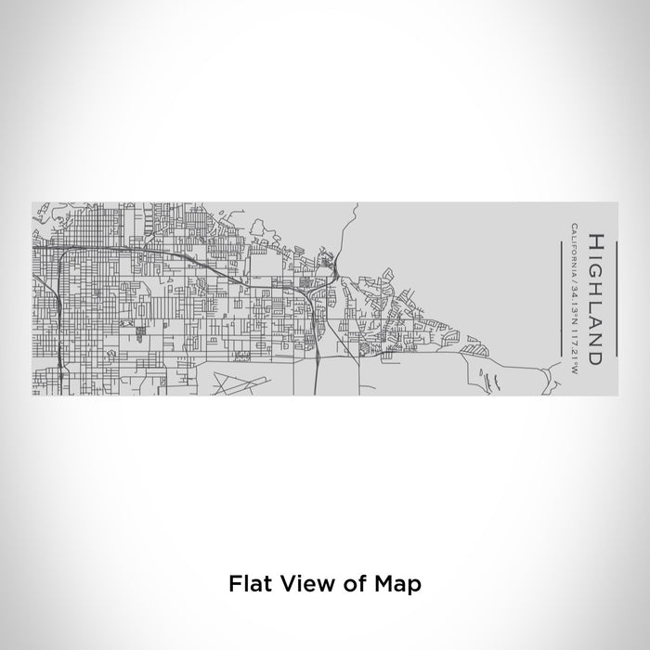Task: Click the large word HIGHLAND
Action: pyautogui.click(x=595, y=297)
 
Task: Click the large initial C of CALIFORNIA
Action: pyautogui.click(x=576, y=227)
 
